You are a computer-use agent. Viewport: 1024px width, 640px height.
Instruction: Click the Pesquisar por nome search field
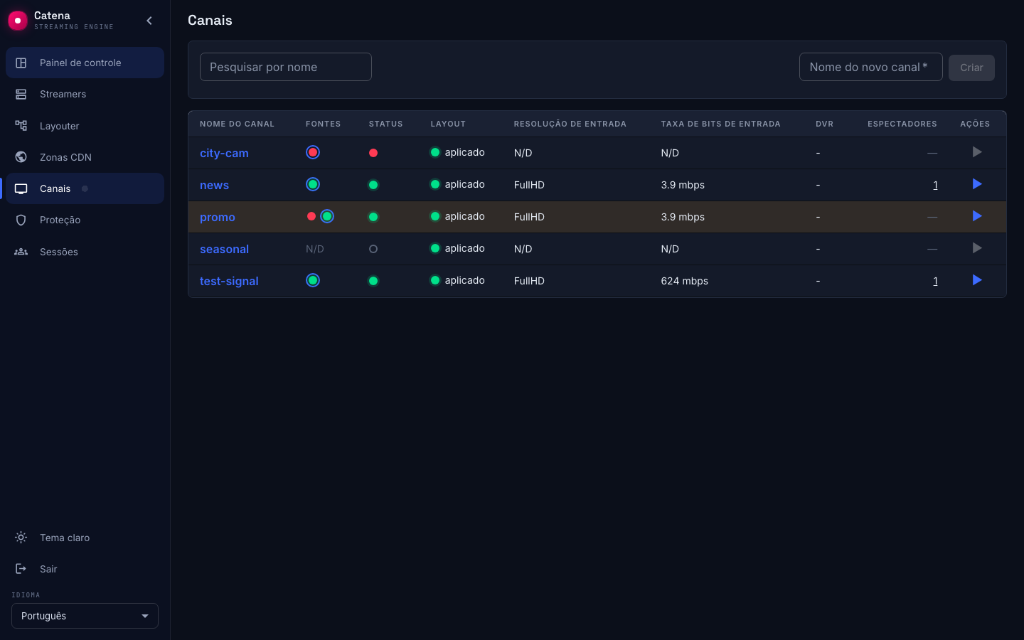point(286,67)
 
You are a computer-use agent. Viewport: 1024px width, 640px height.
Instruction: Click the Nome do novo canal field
point(870,67)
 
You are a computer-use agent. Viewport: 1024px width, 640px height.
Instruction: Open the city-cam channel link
point(224,153)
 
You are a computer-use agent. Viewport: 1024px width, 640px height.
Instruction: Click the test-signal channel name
point(229,281)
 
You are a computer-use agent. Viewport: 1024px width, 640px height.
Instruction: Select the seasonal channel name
point(224,249)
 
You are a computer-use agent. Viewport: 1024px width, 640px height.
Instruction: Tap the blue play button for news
point(977,184)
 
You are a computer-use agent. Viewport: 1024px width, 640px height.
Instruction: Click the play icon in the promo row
point(977,216)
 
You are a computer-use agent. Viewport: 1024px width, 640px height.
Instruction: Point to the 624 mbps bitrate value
point(684,281)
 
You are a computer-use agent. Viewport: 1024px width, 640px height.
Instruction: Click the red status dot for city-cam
point(373,153)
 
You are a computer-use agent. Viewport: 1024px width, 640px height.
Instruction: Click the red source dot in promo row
point(311,216)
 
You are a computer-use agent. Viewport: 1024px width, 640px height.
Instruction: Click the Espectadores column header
point(902,124)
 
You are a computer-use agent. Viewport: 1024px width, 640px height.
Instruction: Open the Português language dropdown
point(85,616)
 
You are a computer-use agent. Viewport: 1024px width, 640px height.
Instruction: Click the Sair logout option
point(48,569)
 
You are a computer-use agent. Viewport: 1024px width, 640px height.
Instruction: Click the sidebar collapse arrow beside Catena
point(149,21)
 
